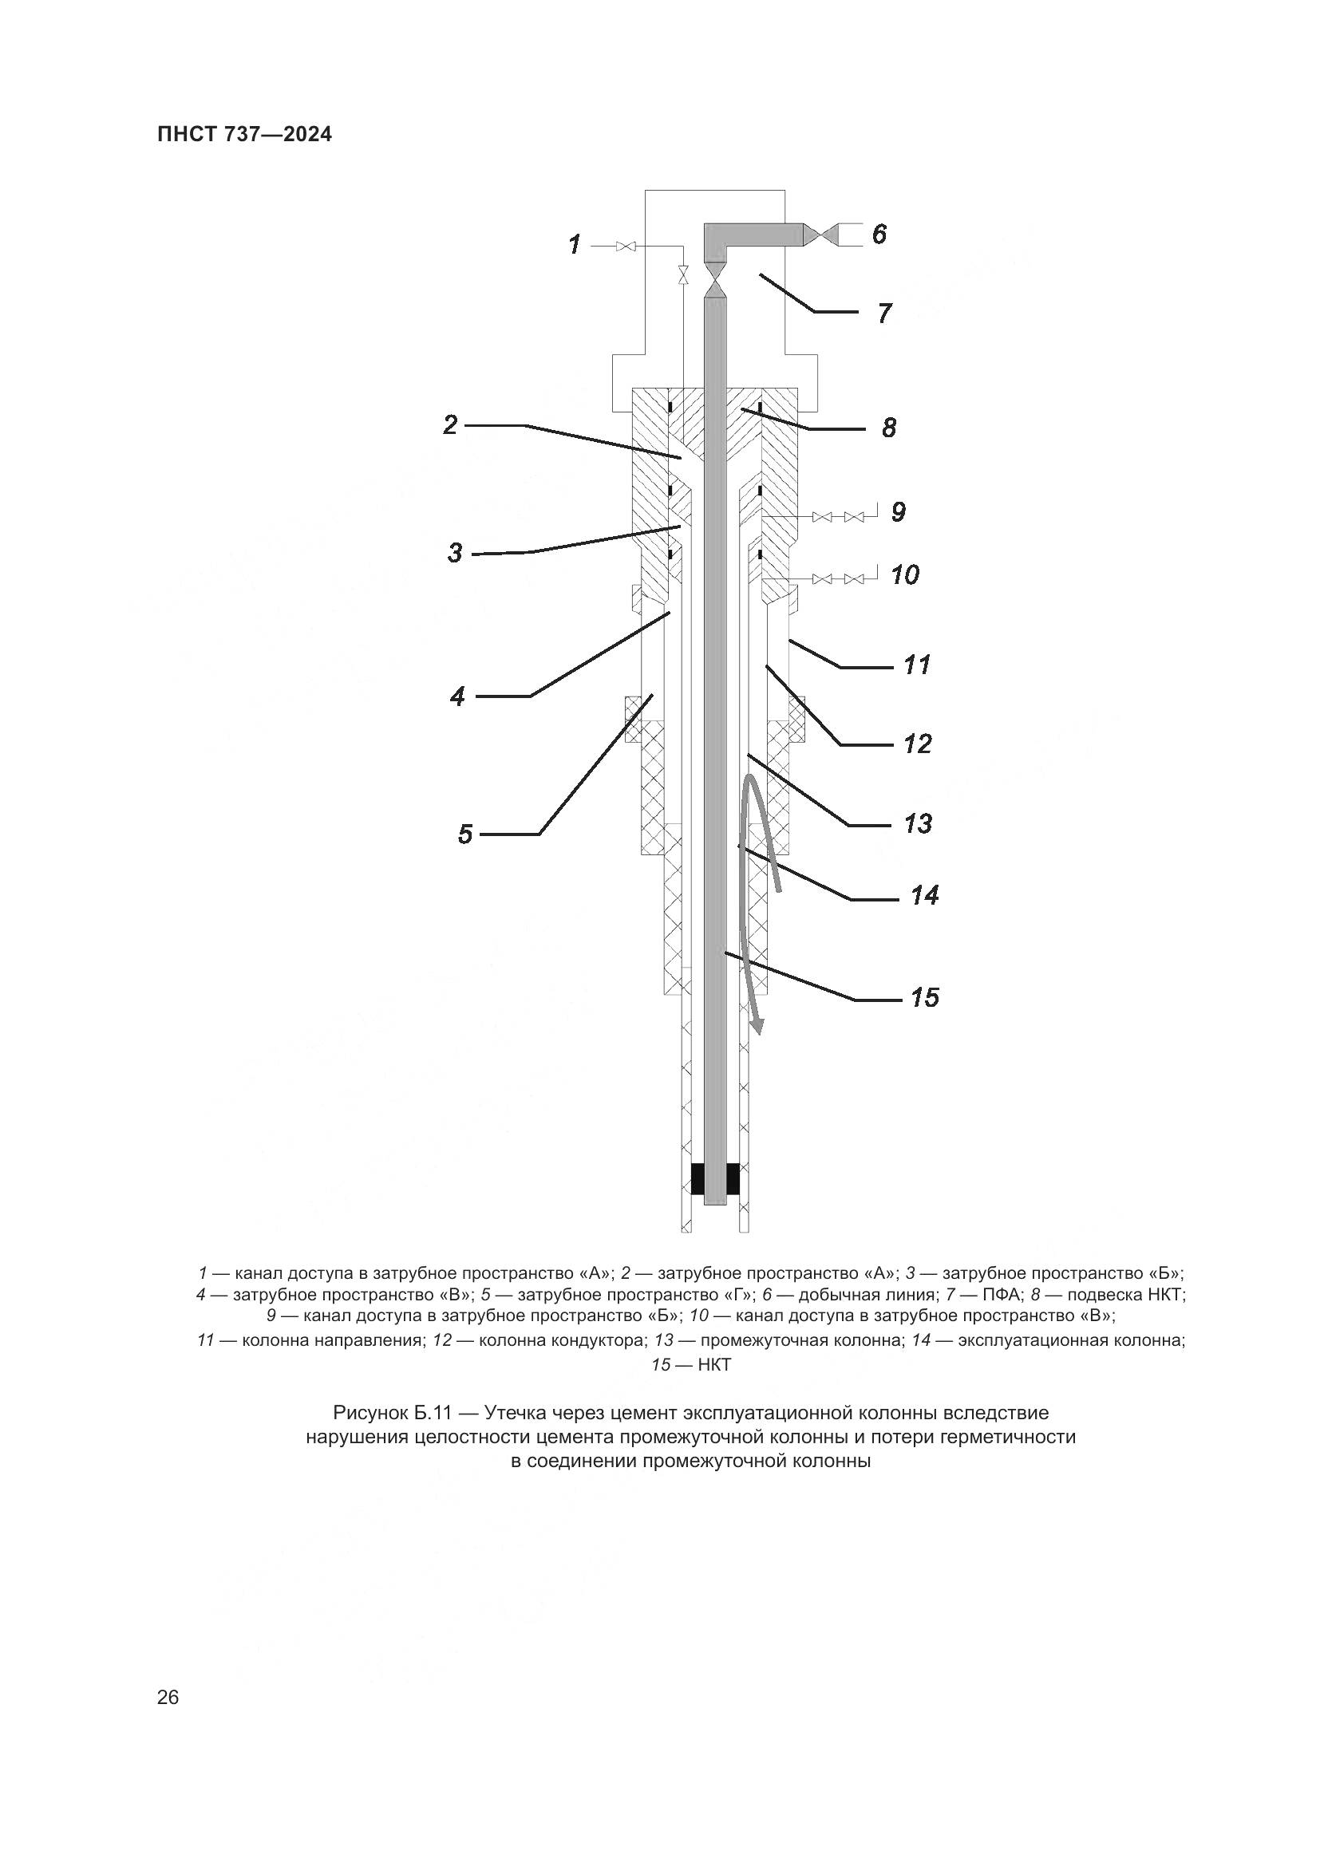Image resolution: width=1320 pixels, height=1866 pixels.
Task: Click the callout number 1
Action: click(575, 244)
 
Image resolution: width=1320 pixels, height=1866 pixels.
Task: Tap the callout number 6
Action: click(879, 235)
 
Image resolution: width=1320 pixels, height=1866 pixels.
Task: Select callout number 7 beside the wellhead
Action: click(884, 313)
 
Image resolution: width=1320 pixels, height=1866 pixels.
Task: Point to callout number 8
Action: click(888, 428)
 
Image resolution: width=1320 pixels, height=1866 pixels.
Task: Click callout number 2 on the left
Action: click(451, 424)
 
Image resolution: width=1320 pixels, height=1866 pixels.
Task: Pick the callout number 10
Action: click(905, 575)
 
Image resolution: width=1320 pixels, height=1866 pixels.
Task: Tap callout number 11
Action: click(917, 665)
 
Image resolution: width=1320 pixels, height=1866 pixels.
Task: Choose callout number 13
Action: click(919, 824)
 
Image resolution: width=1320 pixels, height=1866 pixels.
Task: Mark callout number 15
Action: click(925, 998)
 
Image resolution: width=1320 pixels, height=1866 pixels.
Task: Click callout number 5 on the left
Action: click(465, 834)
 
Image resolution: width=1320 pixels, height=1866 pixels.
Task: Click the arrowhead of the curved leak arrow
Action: click(758, 1028)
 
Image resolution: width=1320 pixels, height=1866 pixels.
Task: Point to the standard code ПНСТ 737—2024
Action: click(245, 135)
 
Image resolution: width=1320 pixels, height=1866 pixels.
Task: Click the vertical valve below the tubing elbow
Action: click(716, 286)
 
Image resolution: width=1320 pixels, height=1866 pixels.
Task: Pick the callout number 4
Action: click(458, 696)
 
